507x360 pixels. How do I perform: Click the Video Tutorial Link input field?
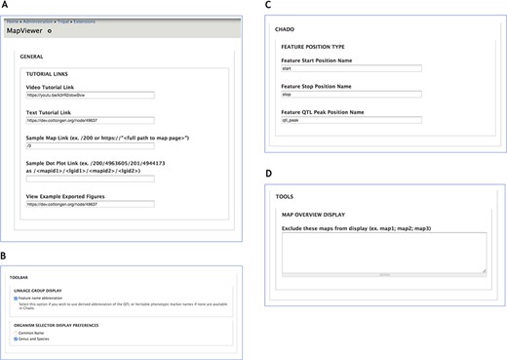[x=90, y=96]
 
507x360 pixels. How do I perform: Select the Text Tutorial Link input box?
[x=90, y=123]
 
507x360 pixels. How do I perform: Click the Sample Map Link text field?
[x=90, y=150]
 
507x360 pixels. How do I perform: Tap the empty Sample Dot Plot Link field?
[x=90, y=178]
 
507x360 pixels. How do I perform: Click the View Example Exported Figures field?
[x=90, y=204]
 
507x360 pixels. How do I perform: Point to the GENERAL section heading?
[x=32, y=57]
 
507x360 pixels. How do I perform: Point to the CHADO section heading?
[x=285, y=29]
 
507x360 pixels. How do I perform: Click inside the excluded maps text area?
[x=383, y=251]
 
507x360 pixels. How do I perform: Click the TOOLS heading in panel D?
[x=285, y=195]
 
